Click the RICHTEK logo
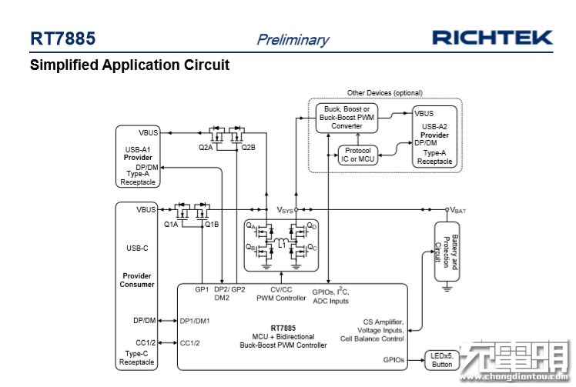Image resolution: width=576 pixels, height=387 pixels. coord(492,37)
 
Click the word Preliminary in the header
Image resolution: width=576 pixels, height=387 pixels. coord(293,39)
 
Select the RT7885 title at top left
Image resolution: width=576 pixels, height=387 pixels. coord(63,38)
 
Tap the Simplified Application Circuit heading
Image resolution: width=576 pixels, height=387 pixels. coord(129,65)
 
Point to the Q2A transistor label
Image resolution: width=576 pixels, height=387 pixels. coord(206,147)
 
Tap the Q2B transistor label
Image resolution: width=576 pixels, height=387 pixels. coord(248,147)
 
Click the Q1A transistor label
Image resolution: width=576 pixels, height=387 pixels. coord(171,225)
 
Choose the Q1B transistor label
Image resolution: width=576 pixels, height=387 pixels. coord(212,225)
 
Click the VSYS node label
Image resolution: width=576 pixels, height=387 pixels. coord(284,209)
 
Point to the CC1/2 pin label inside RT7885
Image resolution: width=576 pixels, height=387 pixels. coord(189,343)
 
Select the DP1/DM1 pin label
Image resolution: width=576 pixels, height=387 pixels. coord(195,321)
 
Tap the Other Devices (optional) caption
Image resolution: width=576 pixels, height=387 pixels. coord(384,93)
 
